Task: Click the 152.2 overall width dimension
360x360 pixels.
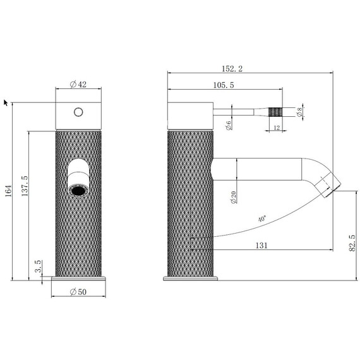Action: [232, 69]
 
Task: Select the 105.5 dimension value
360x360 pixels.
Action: [224, 85]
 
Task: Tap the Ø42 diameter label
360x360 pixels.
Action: [78, 85]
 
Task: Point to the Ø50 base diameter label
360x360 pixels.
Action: [78, 292]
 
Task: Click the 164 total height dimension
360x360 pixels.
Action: [8, 191]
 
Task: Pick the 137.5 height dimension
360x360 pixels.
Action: [25, 186]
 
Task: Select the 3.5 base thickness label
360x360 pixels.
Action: [38, 267]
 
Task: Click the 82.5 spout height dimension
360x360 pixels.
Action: [352, 243]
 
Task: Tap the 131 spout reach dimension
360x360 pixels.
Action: [261, 246]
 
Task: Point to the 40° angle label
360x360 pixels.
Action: [262, 219]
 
